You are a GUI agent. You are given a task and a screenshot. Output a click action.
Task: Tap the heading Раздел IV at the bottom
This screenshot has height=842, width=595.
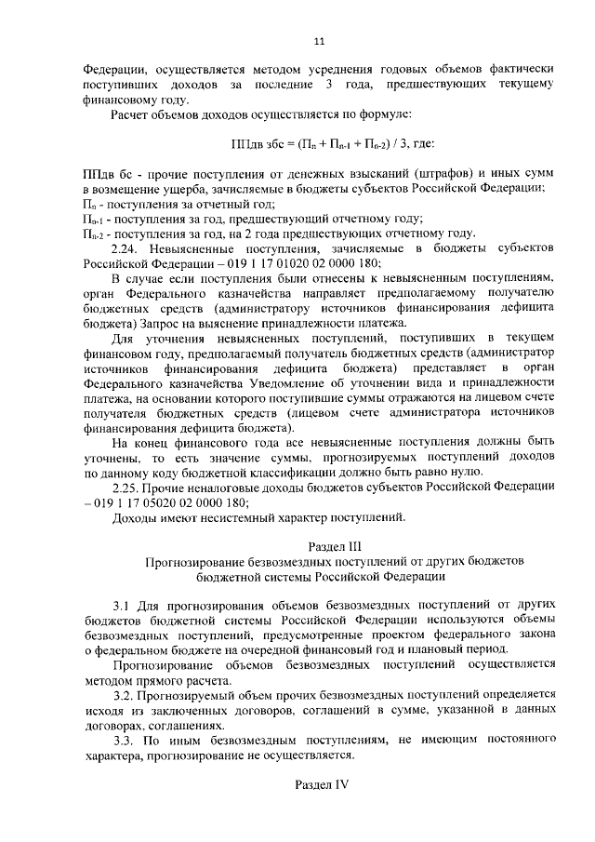point(320,784)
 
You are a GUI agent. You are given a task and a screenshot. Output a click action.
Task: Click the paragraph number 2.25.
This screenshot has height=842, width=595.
point(127,486)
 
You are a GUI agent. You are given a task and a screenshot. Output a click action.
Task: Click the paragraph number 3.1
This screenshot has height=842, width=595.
point(125,604)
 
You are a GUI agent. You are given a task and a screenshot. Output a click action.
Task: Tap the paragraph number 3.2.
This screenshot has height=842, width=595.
point(126,694)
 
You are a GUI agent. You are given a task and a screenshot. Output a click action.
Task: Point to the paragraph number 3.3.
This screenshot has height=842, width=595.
point(126,739)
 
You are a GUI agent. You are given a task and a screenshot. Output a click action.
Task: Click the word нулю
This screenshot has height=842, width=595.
point(488,471)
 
